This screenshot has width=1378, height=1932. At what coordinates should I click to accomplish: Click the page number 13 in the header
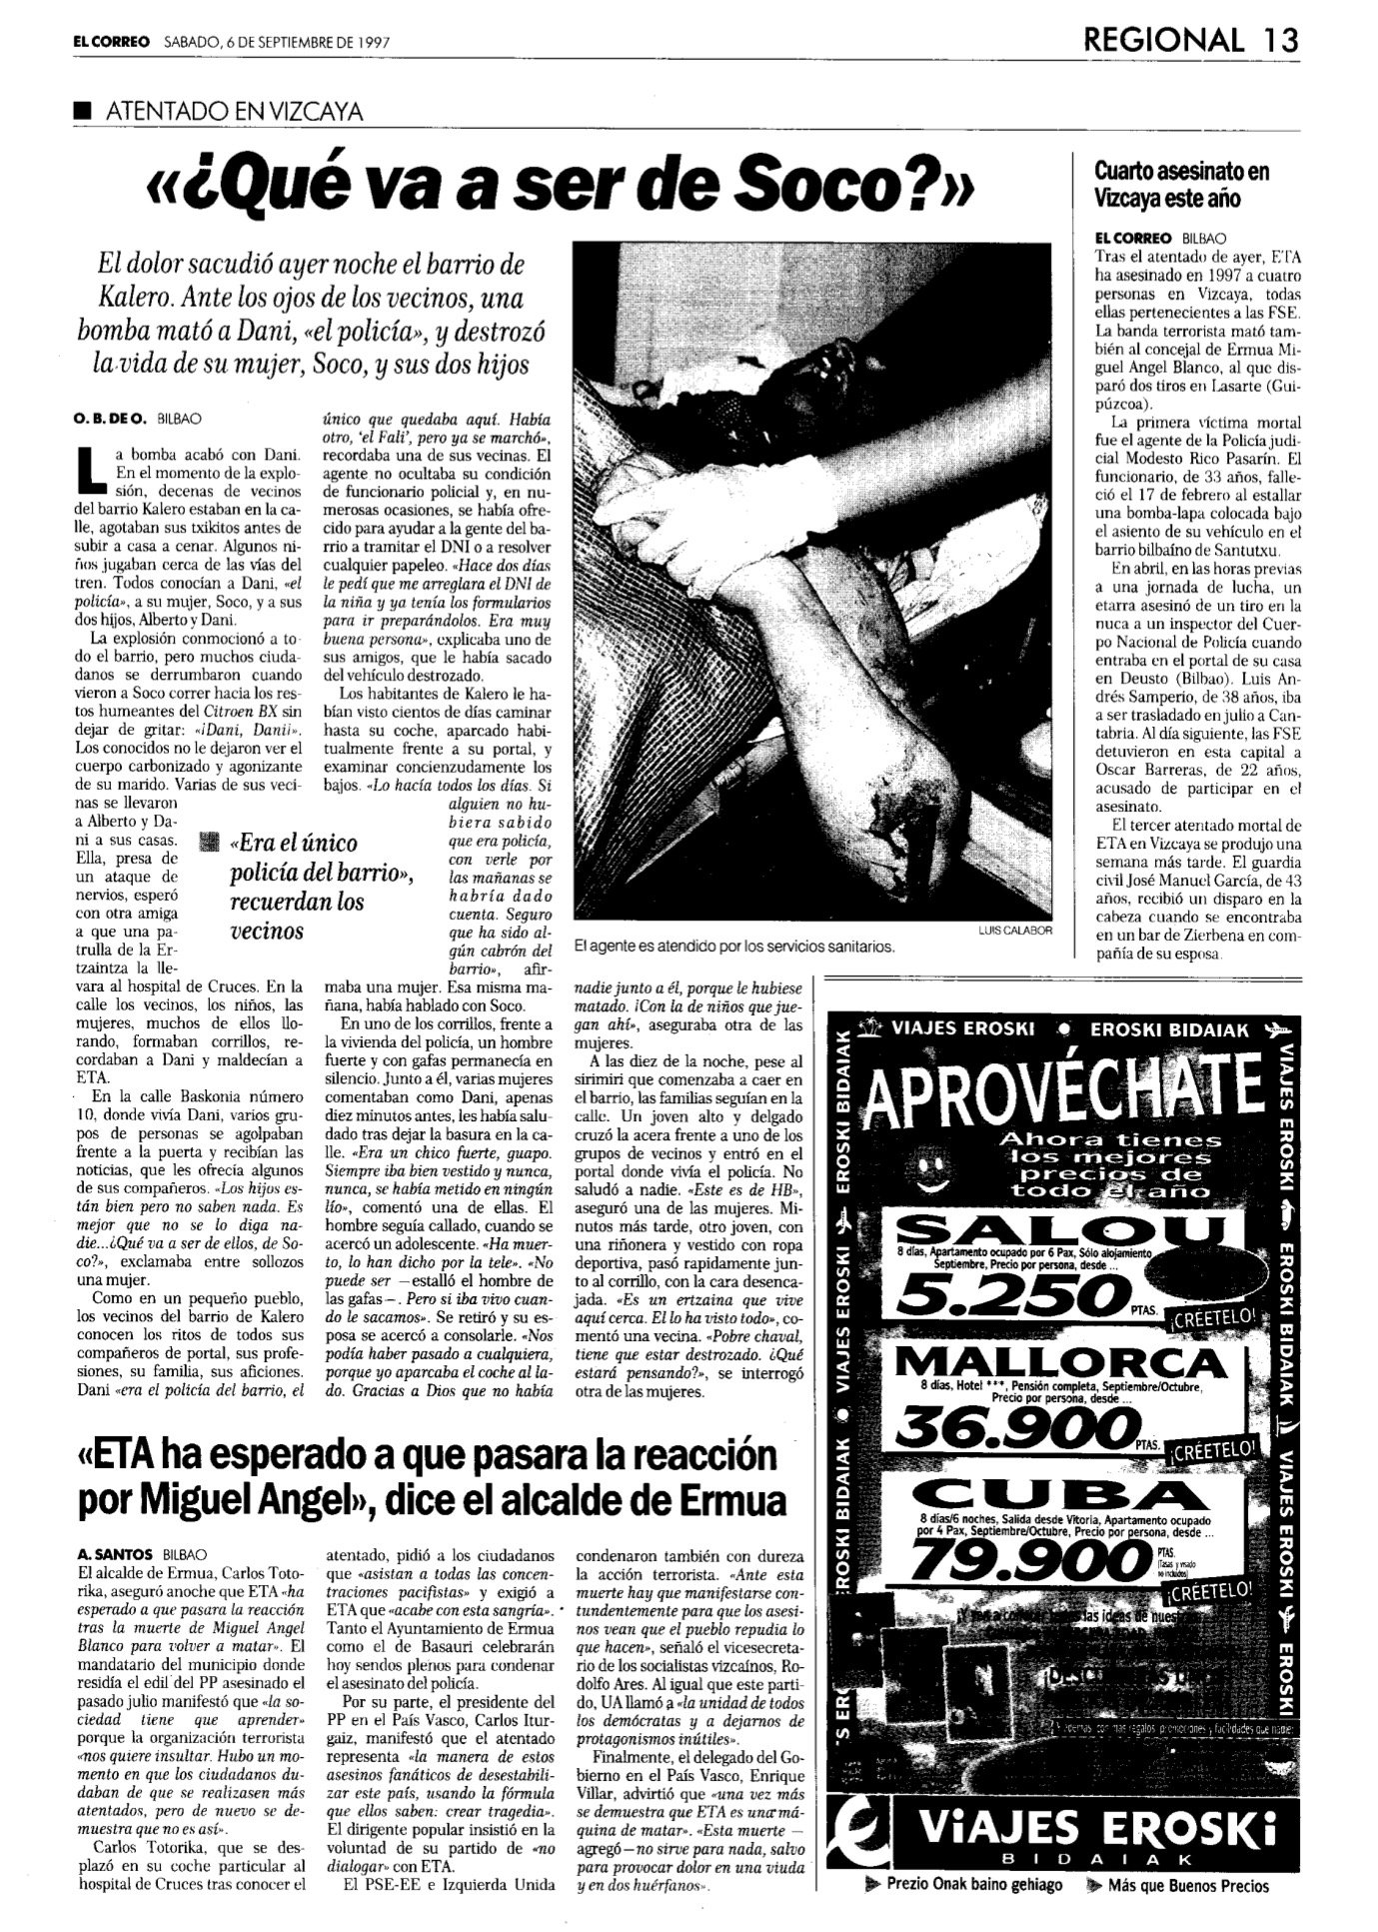(x=1279, y=40)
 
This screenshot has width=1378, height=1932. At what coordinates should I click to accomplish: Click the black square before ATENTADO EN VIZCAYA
(x=81, y=112)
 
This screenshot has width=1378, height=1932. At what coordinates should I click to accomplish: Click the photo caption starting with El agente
(x=734, y=946)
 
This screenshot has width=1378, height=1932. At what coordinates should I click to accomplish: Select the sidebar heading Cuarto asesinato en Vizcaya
(x=1183, y=184)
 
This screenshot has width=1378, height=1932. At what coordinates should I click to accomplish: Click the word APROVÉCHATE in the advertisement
(x=1061, y=1087)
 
